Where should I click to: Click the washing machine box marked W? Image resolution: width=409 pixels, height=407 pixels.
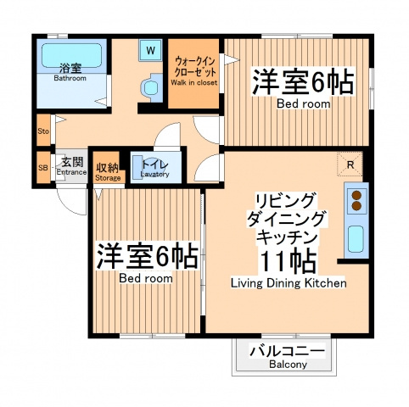(x=151, y=50)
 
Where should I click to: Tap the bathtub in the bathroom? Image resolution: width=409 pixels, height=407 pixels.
(x=71, y=56)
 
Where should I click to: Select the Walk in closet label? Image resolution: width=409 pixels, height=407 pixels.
(x=194, y=82)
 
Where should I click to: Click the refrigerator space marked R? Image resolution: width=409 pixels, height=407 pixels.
(x=350, y=164)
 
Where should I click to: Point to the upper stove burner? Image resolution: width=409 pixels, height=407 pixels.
(x=356, y=195)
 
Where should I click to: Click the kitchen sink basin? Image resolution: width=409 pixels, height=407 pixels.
(x=356, y=239)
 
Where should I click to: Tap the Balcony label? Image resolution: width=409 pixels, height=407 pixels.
(x=288, y=365)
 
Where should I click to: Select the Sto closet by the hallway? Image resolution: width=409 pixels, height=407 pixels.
(x=43, y=131)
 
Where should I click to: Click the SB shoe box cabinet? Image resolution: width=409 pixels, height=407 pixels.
(x=43, y=168)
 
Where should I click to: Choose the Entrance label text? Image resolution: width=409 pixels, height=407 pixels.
(x=71, y=172)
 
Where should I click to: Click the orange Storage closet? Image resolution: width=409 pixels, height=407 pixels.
(x=107, y=167)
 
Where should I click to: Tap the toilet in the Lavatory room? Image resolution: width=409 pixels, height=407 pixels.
(x=139, y=167)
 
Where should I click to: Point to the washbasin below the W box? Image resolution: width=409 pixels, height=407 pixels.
(x=151, y=87)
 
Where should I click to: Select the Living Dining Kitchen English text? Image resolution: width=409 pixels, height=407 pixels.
(x=289, y=283)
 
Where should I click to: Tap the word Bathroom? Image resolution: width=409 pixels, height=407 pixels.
(x=70, y=78)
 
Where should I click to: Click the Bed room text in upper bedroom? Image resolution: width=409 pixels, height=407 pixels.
(x=303, y=103)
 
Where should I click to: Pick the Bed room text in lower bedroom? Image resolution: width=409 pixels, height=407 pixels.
(x=146, y=278)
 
